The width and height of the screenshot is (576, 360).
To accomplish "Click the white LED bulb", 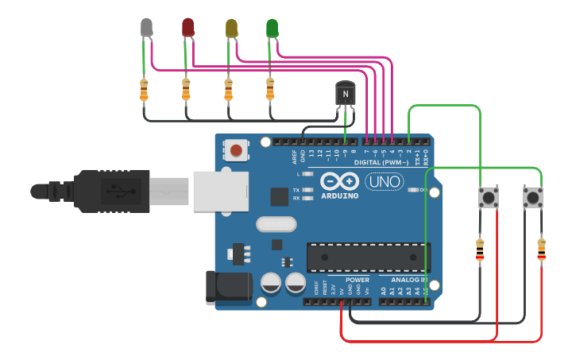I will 146,27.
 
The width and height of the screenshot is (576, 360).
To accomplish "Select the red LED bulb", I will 188,28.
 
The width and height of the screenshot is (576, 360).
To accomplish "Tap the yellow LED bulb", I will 231,28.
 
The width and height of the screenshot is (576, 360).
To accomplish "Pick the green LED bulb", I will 273,28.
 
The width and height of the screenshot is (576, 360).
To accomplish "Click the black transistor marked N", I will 345,94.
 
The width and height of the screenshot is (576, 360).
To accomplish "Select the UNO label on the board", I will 384,182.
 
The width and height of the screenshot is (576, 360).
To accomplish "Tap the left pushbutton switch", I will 489,197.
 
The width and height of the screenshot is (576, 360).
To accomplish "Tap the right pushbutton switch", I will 532,197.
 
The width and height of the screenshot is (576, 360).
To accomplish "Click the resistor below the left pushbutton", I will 479,250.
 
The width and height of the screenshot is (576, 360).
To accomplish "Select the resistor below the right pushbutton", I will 542,249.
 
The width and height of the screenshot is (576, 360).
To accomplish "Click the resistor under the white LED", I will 144,90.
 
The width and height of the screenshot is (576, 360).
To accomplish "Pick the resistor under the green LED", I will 270,89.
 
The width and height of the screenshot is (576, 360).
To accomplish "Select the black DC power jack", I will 229,288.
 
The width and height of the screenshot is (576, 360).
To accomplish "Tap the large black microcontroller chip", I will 368,257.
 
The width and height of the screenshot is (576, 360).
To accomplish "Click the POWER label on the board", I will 358,280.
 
